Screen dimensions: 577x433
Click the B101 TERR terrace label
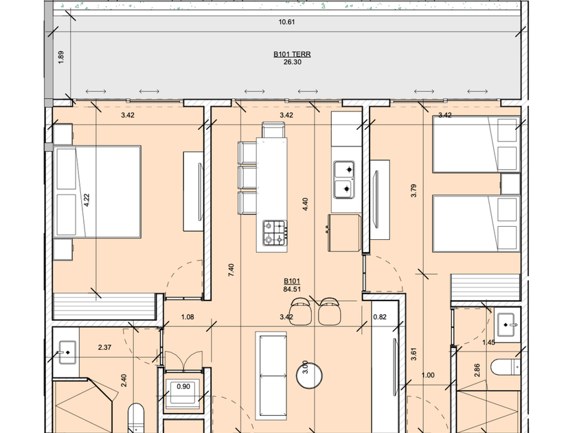point(292,54)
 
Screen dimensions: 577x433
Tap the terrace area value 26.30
point(292,63)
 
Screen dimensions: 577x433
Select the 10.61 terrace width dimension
point(286,22)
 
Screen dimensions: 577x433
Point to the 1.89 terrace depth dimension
point(61,57)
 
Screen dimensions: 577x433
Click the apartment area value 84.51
point(292,289)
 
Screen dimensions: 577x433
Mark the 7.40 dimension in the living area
point(231,270)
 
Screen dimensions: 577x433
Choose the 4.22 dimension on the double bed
point(87,200)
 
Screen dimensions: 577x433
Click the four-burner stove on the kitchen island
point(275,233)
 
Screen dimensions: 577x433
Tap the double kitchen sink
point(344,179)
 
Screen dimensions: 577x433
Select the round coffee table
point(310,375)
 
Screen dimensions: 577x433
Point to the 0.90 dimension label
point(183,386)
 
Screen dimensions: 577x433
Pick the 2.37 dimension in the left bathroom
point(105,347)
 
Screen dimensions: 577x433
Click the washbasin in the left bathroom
point(67,353)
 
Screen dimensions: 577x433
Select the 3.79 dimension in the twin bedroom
point(414,191)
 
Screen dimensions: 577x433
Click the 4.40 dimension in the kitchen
point(305,204)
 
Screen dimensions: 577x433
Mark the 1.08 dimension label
point(188,317)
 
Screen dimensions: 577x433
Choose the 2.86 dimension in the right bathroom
point(477,370)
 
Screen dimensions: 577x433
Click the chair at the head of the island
point(273,130)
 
